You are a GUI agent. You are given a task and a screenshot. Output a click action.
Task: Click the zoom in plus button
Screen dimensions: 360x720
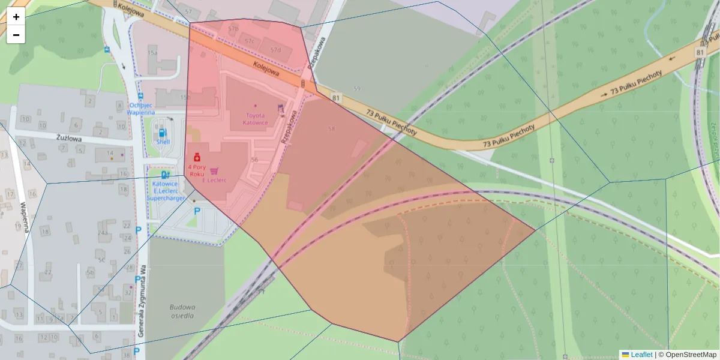click(x=16, y=17)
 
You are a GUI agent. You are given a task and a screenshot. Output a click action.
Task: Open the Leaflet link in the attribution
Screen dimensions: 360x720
click(x=641, y=355)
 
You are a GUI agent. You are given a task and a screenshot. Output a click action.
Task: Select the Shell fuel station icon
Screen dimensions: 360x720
click(x=162, y=131)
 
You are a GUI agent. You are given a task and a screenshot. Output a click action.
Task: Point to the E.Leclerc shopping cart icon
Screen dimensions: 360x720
click(x=214, y=171)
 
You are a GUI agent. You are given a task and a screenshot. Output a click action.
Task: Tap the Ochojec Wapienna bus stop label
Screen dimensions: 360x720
click(x=142, y=109)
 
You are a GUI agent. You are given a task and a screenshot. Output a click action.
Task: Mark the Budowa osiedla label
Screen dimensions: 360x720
click(x=182, y=310)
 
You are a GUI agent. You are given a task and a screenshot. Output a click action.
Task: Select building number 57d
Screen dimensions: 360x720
click(x=275, y=49)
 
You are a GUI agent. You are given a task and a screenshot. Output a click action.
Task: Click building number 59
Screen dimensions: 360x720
click(x=357, y=89)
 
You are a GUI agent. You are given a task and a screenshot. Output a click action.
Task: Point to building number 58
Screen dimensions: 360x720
click(x=332, y=129)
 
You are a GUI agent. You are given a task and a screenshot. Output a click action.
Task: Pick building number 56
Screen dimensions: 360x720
click(x=254, y=160)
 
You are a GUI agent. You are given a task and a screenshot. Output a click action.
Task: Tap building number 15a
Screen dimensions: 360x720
click(x=153, y=53)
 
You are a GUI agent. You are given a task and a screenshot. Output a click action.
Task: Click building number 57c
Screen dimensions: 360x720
click(x=250, y=41)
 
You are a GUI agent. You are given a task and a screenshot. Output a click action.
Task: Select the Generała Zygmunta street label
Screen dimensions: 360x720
click(x=143, y=300)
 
